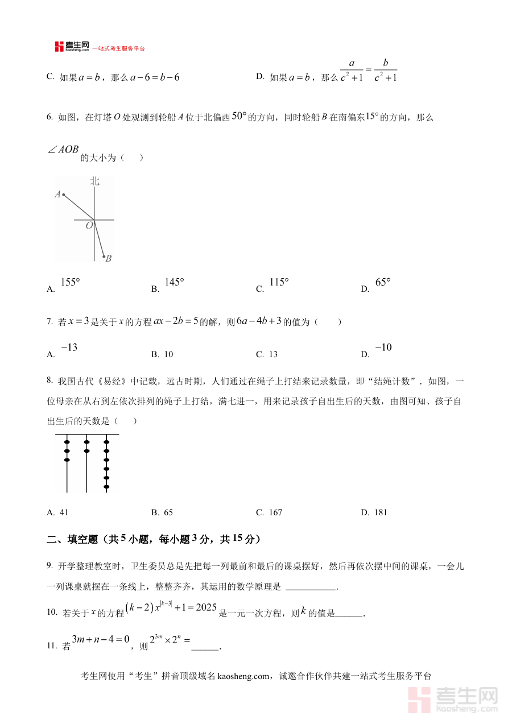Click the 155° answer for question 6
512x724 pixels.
click(70, 283)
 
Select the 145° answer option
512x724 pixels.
click(174, 283)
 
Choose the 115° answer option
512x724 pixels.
click(279, 283)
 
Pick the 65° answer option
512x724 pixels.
click(383, 283)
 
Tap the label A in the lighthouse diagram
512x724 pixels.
click(58, 195)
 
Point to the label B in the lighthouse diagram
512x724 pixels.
click(109, 259)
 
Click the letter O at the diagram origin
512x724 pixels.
click(89, 226)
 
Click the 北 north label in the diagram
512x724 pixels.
click(94, 181)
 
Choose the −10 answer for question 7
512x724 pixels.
click(383, 348)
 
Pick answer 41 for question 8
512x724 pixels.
click(64, 512)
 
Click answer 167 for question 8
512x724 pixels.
click(275, 512)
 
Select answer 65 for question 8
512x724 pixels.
click(168, 512)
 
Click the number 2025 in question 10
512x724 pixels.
click(202, 607)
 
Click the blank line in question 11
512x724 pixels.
click(205, 647)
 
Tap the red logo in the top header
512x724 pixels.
click(59, 47)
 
